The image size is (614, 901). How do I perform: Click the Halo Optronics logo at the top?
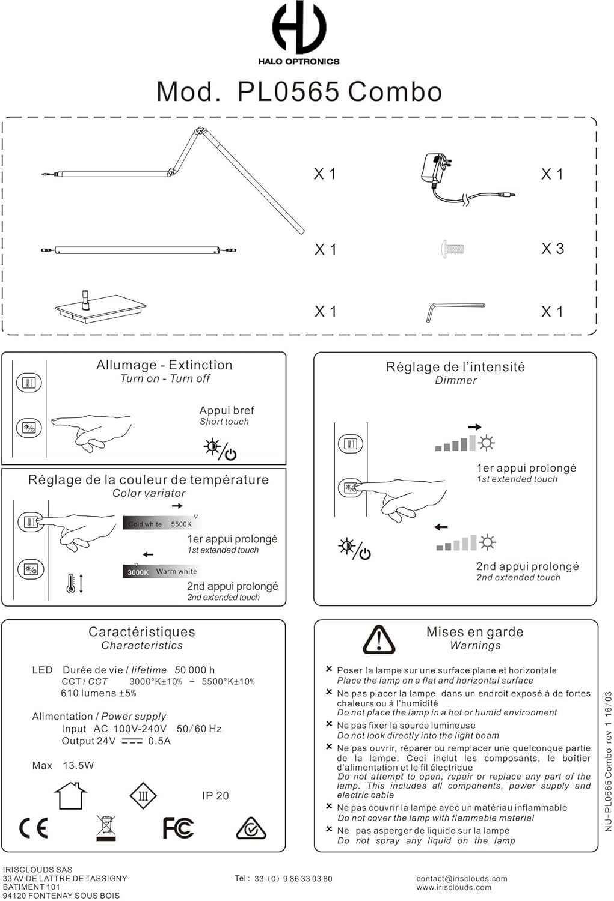pyautogui.click(x=299, y=33)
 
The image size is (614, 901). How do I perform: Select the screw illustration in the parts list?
pyautogui.click(x=452, y=249)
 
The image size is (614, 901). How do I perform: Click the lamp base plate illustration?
pyautogui.click(x=100, y=308)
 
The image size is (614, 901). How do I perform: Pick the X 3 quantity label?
pyautogui.click(x=552, y=249)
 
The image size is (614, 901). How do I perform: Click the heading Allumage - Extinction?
pyautogui.click(x=164, y=365)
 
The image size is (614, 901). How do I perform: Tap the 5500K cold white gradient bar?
pyautogui.click(x=160, y=523)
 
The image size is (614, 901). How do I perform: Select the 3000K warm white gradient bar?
pyautogui.click(x=160, y=571)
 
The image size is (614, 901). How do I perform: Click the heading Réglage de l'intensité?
pyautogui.click(x=455, y=367)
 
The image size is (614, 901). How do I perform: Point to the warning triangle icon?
pyautogui.click(x=379, y=640)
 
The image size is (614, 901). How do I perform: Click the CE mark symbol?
pyautogui.click(x=34, y=828)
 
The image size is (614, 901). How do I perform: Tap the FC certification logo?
pyautogui.click(x=178, y=828)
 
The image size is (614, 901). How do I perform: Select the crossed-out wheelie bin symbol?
pyautogui.click(x=106, y=828)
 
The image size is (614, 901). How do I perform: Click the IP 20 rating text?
pyautogui.click(x=215, y=796)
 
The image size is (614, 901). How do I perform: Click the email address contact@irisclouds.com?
pyautogui.click(x=461, y=878)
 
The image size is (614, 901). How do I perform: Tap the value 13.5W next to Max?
pyautogui.click(x=78, y=766)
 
